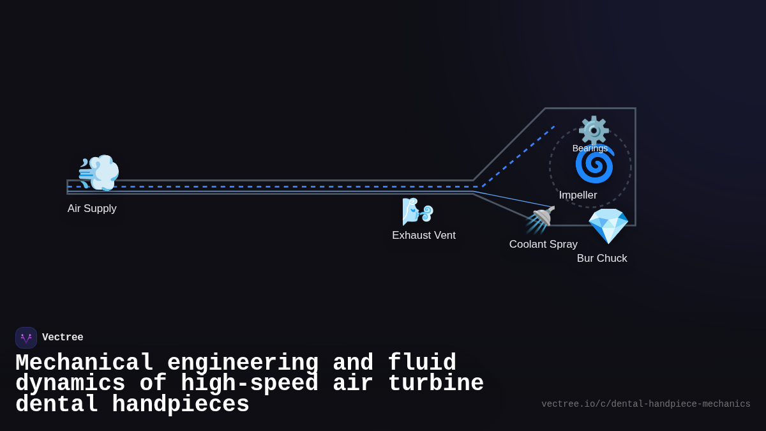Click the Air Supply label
click(x=92, y=209)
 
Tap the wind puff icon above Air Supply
click(x=98, y=172)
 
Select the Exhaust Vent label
click(x=423, y=236)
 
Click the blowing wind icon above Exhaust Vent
click(x=417, y=211)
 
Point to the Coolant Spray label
click(x=543, y=245)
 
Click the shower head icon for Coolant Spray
click(x=541, y=220)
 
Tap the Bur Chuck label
click(x=602, y=259)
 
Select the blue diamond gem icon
click(x=608, y=226)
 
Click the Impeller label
click(x=578, y=195)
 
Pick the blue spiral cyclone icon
click(x=594, y=165)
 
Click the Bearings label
click(x=590, y=148)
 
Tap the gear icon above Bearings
click(x=594, y=130)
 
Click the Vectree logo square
click(x=26, y=338)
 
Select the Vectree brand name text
click(x=63, y=338)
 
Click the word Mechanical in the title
click(x=84, y=363)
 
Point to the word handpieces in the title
click(x=181, y=405)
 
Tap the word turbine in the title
click(x=436, y=384)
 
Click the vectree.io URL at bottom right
click(x=645, y=404)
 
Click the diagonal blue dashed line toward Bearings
click(x=518, y=156)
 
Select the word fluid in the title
click(x=422, y=363)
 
